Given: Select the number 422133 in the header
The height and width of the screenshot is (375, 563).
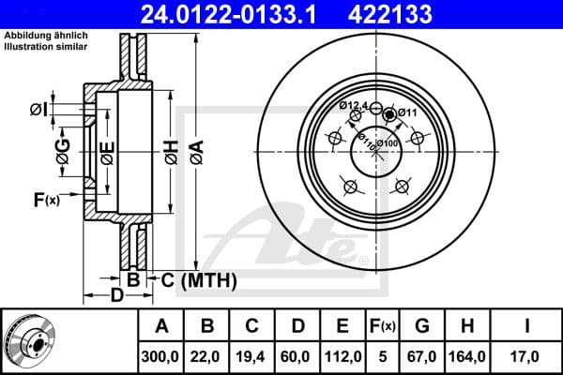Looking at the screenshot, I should click(x=418, y=13).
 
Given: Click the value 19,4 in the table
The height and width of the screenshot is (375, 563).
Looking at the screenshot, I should click(x=252, y=355).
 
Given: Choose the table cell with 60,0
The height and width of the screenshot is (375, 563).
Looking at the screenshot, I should click(x=297, y=355).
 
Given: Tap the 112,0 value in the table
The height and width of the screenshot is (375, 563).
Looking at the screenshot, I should click(x=343, y=355).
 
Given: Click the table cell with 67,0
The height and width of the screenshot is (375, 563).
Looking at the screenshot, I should click(x=422, y=355).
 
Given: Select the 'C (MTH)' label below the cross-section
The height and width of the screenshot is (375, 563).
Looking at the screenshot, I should click(x=196, y=279).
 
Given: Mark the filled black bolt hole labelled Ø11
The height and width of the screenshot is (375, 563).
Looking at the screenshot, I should click(x=389, y=114).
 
